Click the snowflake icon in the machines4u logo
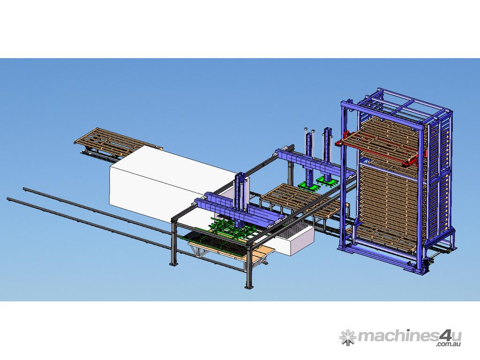point(347,337)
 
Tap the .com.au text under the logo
point(449,344)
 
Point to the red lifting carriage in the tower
point(380,147)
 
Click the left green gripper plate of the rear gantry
point(307,186)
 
